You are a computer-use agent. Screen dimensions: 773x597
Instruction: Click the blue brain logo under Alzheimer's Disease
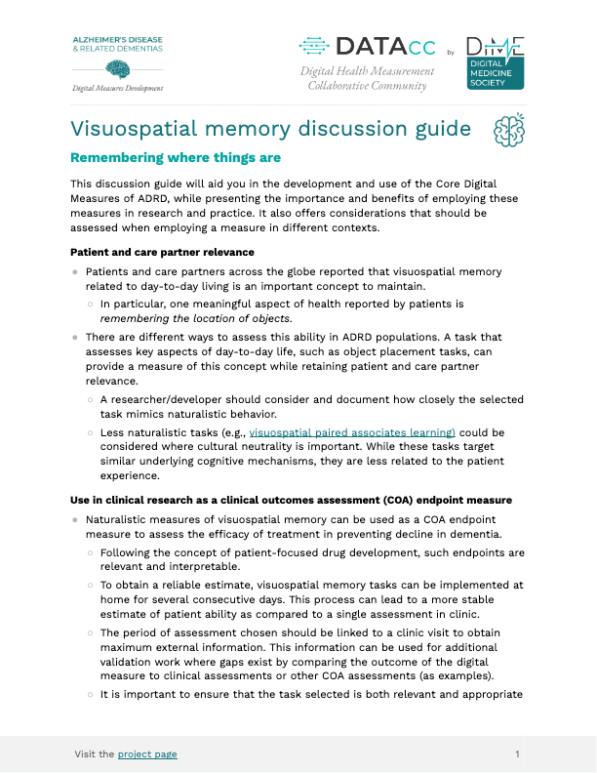click(x=117, y=68)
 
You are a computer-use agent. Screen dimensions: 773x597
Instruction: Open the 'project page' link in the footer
click(x=147, y=753)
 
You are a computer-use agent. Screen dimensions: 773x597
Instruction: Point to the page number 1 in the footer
click(x=517, y=753)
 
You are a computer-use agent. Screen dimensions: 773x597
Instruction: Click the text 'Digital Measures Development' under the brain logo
click(x=118, y=87)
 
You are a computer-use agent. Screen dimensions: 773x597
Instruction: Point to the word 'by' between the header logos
click(x=450, y=52)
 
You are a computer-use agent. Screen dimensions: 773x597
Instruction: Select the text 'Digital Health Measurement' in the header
click(x=367, y=71)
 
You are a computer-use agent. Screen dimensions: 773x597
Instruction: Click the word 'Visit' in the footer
click(x=87, y=753)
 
